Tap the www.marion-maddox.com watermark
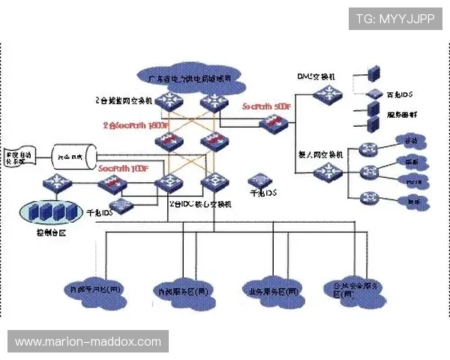click(88, 342)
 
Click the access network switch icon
click(327, 171)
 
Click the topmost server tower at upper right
click(373, 73)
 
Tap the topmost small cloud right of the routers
click(410, 142)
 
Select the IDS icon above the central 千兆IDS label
click(262, 180)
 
